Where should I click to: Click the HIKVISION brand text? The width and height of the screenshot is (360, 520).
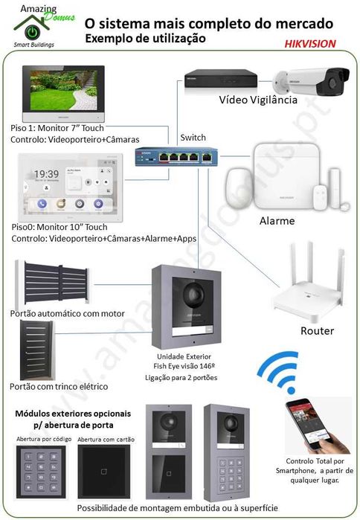309,44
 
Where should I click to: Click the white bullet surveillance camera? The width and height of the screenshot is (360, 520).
312,83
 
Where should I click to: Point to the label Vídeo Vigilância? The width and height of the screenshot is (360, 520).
257,100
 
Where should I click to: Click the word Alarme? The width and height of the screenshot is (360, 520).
277,221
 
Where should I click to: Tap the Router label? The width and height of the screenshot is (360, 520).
316,330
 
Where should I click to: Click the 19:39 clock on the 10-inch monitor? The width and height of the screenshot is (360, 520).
46,174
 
